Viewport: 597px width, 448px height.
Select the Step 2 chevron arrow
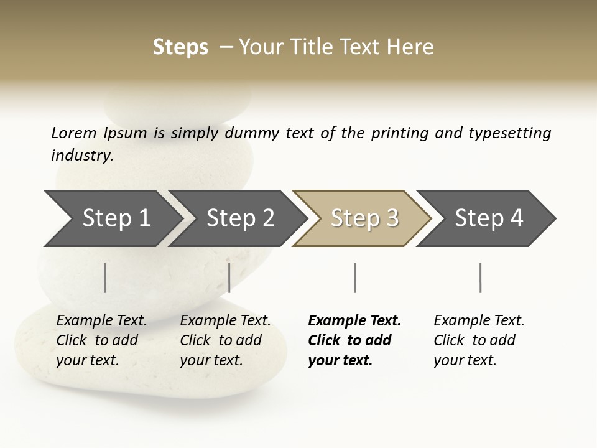click(239, 218)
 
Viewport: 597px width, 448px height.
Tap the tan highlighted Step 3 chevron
click(364, 218)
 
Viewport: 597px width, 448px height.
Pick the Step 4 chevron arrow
click(488, 218)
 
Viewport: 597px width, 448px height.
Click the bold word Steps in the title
click(180, 47)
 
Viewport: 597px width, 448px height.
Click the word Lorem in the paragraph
click(73, 133)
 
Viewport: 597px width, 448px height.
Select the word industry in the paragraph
click(82, 156)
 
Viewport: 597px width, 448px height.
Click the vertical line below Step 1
click(105, 278)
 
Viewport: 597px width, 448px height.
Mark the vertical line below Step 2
click(229, 278)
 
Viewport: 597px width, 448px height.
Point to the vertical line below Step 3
click(354, 278)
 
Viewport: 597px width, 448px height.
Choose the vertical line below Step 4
click(480, 278)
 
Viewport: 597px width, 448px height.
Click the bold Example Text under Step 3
click(354, 340)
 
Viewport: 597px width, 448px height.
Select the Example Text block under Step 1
click(101, 340)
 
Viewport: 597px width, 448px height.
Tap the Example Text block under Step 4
click(479, 340)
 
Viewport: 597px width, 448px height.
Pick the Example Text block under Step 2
click(225, 340)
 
